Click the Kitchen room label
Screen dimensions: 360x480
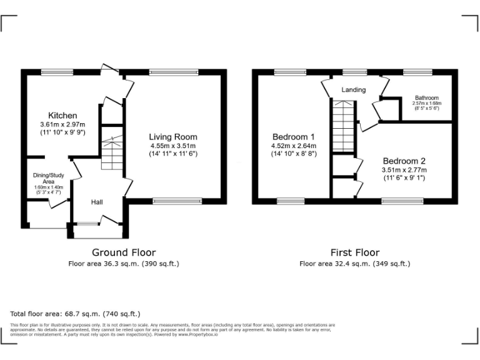62,116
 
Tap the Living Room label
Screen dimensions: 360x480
172,137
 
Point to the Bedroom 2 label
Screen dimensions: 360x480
404,161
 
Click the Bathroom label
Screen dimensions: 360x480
427,98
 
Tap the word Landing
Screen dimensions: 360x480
353,90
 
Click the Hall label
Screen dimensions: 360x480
97,202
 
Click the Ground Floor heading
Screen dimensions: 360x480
124,252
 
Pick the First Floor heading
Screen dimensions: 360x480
355,252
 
